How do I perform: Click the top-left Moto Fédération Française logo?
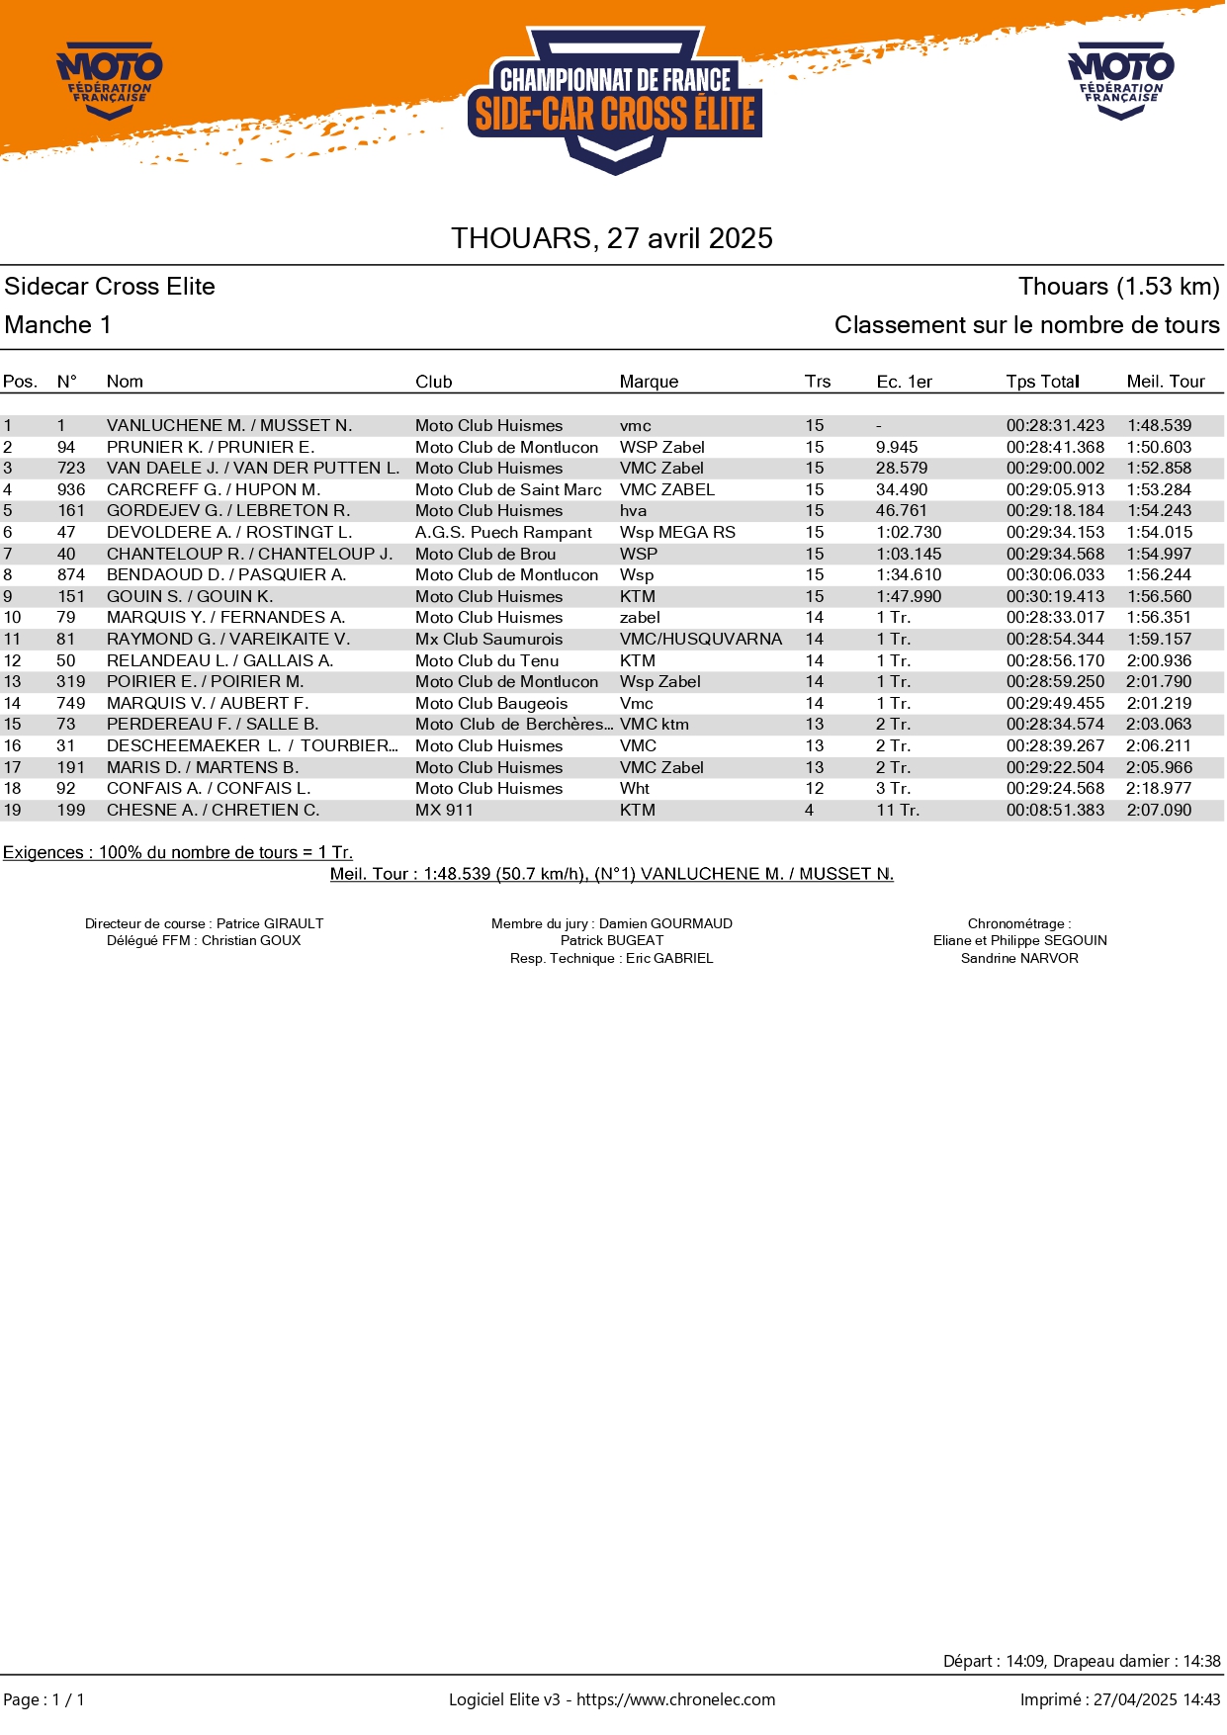(109, 79)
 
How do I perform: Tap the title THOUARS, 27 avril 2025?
(612, 238)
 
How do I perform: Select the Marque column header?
(649, 382)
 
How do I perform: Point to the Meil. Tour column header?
(1166, 382)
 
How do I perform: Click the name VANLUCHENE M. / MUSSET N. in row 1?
(229, 426)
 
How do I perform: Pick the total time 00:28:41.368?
(1055, 448)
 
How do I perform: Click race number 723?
(71, 469)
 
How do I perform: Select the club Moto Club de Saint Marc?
(508, 490)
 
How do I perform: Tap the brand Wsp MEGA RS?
(677, 533)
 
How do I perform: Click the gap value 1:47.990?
(909, 597)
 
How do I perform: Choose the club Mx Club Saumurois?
(488, 640)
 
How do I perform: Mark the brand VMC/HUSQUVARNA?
(700, 640)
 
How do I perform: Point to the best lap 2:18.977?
(1159, 789)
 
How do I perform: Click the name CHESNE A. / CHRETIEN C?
(213, 811)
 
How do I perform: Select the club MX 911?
(444, 811)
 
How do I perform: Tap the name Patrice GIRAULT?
(270, 924)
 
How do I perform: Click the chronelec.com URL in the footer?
(675, 1699)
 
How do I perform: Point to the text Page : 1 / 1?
(44, 1700)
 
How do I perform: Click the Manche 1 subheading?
(58, 325)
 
